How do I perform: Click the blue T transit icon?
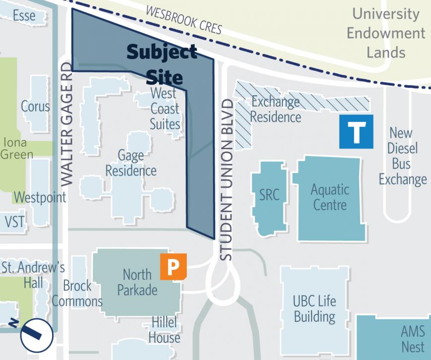click(x=356, y=131)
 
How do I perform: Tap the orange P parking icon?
click(x=173, y=267)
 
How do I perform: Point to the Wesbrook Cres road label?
click(x=184, y=20)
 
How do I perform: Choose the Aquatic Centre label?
click(x=330, y=197)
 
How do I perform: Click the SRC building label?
click(x=269, y=195)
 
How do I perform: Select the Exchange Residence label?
click(x=275, y=110)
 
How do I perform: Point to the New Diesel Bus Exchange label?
click(x=403, y=156)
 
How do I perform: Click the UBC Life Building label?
click(x=314, y=308)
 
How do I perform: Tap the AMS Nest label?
click(x=412, y=339)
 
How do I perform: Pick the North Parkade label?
click(x=137, y=282)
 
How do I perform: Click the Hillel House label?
click(x=164, y=330)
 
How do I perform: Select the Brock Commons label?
click(x=77, y=293)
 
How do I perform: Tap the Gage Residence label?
click(x=131, y=163)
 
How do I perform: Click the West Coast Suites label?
click(x=164, y=108)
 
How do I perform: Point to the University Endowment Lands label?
click(x=385, y=33)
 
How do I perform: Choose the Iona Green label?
click(x=16, y=148)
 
